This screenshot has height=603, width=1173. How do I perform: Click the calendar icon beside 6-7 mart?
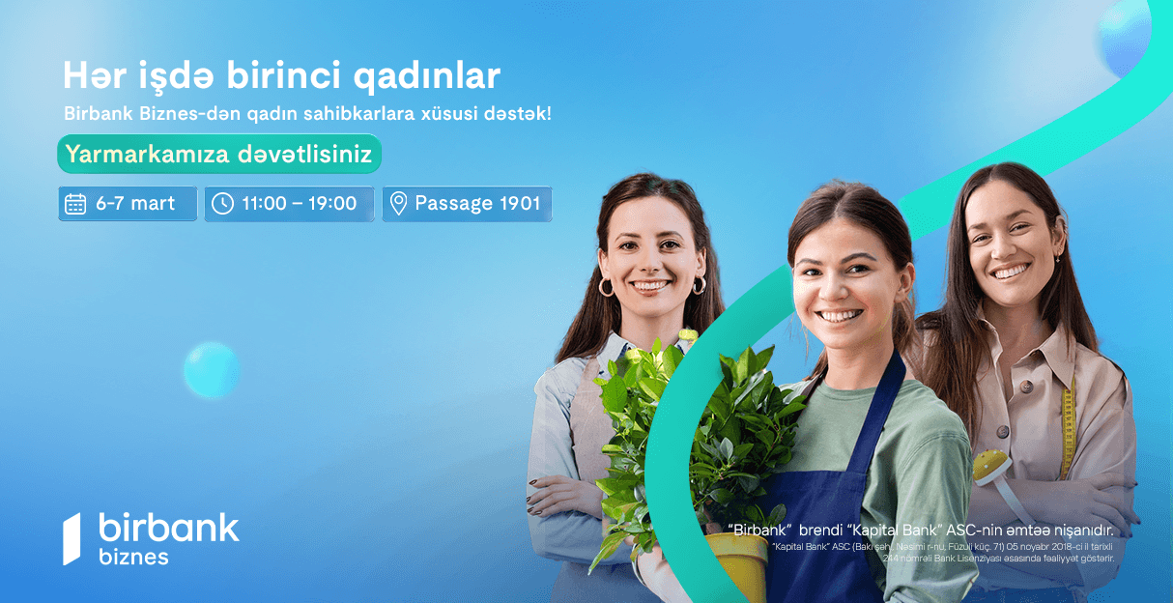coord(75,204)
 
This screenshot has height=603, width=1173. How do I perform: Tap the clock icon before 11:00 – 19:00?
coord(222,204)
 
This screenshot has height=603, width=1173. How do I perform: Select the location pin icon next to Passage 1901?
coord(397,204)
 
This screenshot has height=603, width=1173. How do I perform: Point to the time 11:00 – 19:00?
coord(300,204)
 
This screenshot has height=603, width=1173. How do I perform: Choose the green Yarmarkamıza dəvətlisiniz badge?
coord(219,155)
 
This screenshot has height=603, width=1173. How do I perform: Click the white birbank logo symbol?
coord(72,538)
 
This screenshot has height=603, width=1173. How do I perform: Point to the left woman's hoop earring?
coord(607,287)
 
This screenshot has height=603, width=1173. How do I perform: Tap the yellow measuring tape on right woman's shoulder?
coord(1068,425)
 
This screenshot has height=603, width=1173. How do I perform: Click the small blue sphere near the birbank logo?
coord(211,370)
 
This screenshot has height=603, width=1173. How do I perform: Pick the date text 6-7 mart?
coord(135,204)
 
